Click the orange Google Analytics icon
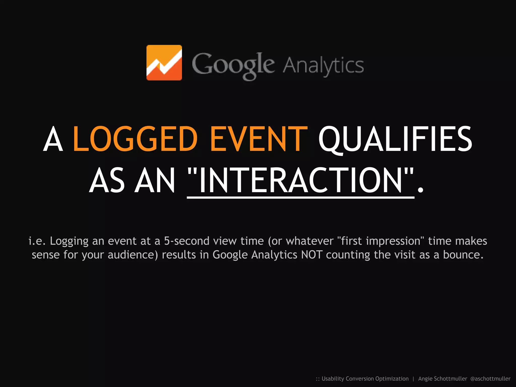(164, 62)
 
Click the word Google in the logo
(233, 65)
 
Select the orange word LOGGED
(135, 139)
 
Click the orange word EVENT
(259, 139)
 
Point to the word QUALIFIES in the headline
(395, 139)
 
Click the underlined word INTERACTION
(301, 180)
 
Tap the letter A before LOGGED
(53, 139)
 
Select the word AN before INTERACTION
(155, 180)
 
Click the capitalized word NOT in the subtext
(312, 255)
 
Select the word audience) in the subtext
(133, 255)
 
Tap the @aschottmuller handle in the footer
(490, 379)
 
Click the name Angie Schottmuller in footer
(442, 379)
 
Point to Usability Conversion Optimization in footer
(365, 379)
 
